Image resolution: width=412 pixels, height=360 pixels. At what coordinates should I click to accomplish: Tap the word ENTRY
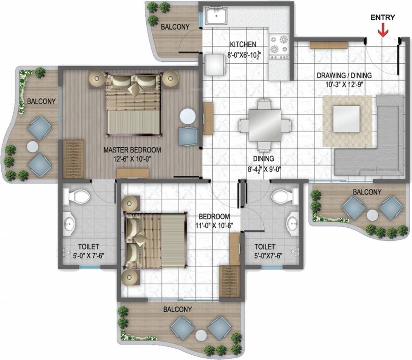(383, 18)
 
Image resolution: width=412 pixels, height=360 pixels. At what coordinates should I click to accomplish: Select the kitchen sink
(215, 18)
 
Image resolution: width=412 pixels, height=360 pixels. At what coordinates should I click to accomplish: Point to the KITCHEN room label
(243, 45)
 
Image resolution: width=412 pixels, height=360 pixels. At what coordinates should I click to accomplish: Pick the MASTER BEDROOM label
(132, 150)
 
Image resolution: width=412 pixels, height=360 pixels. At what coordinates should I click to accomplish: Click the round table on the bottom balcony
(201, 336)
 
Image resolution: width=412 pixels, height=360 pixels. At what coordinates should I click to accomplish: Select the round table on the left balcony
(32, 146)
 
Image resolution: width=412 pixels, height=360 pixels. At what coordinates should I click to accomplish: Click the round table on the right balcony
(373, 215)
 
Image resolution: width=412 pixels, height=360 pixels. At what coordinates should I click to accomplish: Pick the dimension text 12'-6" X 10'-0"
(132, 158)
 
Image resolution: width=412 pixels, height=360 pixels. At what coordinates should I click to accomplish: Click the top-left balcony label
(175, 27)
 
